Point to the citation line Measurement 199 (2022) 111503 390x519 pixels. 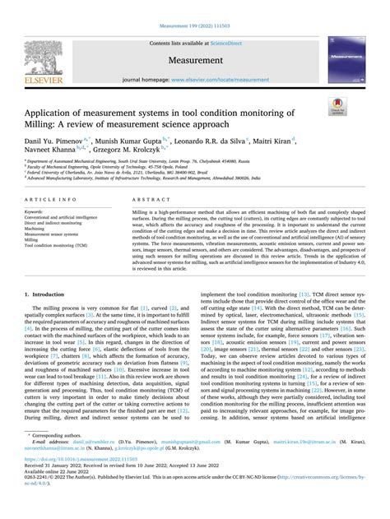194,7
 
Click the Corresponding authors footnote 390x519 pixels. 68,456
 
